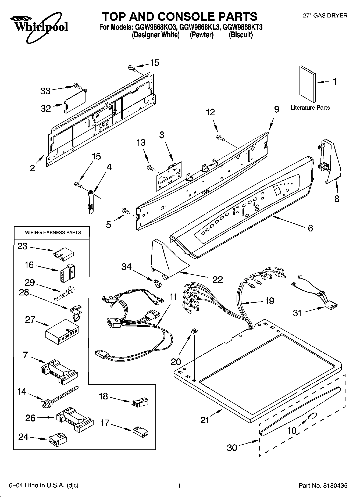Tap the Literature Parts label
[310, 108]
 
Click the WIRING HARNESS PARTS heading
[53, 233]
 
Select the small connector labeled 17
[140, 432]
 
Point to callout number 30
[232, 447]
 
